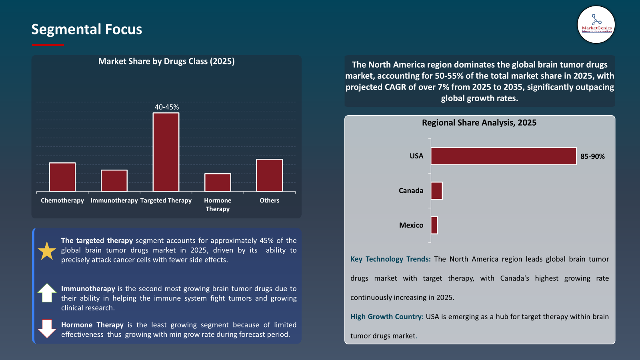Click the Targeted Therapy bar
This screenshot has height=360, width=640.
coord(166,152)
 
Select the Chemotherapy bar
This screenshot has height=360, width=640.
coord(62,177)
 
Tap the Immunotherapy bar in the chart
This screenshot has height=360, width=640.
coord(114,180)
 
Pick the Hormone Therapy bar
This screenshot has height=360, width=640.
coord(218,182)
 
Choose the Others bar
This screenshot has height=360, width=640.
coord(269,175)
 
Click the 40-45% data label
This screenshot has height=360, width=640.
coord(167,107)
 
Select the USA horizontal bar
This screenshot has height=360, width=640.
coord(503,156)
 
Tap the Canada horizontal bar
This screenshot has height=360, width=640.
coord(436,191)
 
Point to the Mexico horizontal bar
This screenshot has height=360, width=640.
coord(434,225)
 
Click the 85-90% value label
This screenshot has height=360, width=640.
coord(592,156)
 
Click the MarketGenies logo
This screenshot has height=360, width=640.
coord(596,24)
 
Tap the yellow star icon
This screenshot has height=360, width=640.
coord(47,251)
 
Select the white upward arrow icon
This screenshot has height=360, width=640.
coord(47,293)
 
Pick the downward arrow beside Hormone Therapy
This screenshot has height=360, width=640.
coord(47,329)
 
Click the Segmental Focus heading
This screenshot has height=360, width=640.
coord(87,29)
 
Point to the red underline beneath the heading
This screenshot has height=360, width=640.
coord(48,45)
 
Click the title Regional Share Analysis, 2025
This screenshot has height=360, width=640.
coord(479,123)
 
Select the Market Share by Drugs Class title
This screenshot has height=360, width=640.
coord(166,61)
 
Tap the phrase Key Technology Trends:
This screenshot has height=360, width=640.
coord(390,259)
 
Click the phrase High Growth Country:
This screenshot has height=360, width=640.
coord(387,317)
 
